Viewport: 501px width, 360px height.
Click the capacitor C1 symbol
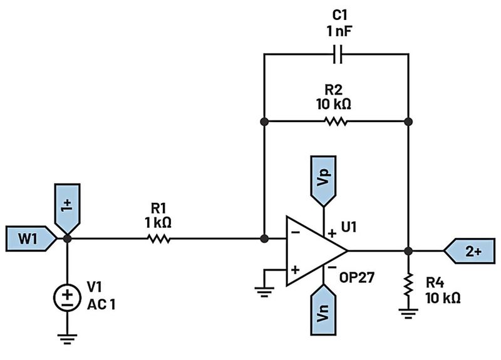[337, 55]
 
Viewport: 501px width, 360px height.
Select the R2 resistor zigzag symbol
[336, 121]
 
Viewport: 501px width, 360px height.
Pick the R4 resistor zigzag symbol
[408, 287]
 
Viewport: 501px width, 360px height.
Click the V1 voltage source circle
[68, 298]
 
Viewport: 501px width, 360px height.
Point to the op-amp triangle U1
[313, 251]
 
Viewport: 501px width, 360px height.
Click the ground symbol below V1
[68, 340]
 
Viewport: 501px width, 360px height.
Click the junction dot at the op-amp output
[408, 251]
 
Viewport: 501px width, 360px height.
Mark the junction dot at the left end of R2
[264, 121]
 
